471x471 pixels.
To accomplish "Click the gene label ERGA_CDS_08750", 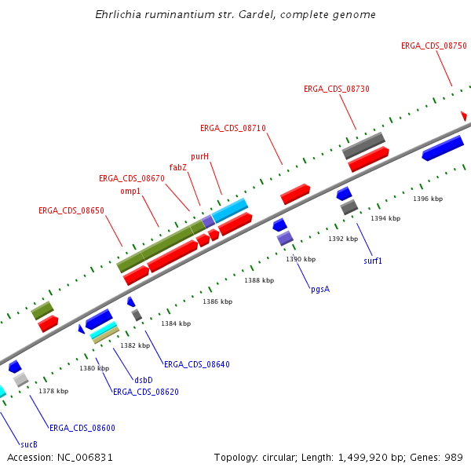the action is pos(433,46).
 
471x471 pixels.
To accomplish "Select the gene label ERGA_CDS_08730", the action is pos(336,89).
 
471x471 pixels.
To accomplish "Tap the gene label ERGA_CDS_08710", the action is pos(232,128).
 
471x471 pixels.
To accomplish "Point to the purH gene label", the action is pos(199,156).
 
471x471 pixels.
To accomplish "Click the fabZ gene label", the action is pos(178,167).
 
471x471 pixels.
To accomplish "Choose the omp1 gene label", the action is pos(130,191).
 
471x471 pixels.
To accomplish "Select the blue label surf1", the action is pos(373,260).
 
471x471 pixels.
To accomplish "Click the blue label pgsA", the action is pos(319,289).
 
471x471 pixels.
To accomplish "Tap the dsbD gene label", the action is pos(143,379).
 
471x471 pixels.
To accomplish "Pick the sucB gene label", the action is pos(28,444).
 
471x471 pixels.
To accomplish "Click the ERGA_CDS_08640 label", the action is pos(196,364).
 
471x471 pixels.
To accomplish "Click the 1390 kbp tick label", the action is pos(301,259).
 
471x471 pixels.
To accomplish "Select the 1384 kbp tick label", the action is pos(176,323).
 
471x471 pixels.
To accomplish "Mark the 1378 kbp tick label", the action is pos(53,391).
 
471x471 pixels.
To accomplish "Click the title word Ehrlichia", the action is pos(120,15).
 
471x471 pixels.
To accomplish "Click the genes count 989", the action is pos(453,457).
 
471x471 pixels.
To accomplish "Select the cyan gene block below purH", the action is pos(230,210).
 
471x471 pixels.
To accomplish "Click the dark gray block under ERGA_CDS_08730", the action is pos(363,144).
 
